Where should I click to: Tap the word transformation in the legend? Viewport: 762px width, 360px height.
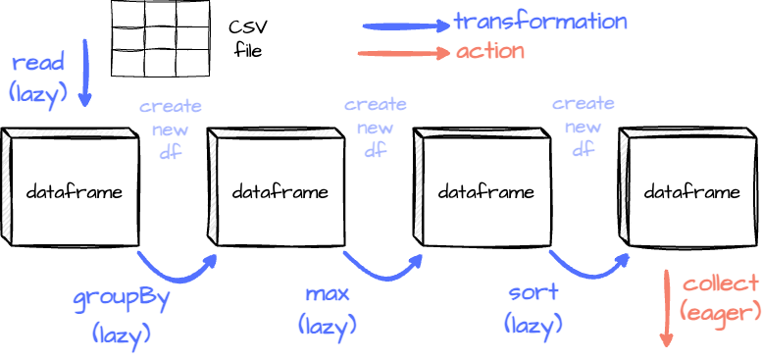pyautogui.click(x=540, y=22)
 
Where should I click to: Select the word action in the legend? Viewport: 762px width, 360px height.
pyautogui.click(x=489, y=51)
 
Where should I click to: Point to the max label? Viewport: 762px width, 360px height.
pyautogui.click(x=328, y=292)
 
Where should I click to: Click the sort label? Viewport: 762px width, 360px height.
pyautogui.click(x=533, y=292)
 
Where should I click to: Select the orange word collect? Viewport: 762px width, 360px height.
pyautogui.click(x=721, y=284)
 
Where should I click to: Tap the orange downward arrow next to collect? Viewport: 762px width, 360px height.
pyautogui.click(x=667, y=308)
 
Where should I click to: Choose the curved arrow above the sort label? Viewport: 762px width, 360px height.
pyautogui.click(x=588, y=268)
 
